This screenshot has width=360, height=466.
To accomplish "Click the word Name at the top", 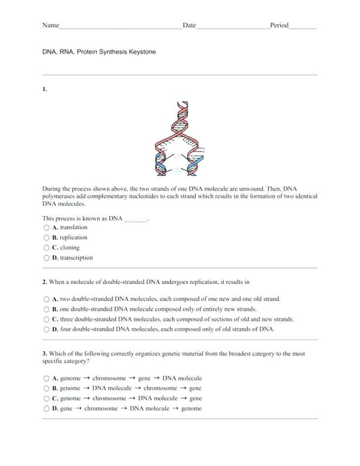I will tap(50, 25).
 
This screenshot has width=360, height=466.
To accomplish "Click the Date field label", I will tap(189, 25).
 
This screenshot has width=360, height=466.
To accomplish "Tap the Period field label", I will tap(279, 25).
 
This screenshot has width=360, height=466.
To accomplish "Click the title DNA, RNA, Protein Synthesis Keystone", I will tap(99, 51).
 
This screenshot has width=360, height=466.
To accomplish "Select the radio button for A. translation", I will tap(46, 228).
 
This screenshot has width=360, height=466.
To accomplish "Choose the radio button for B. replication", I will tap(46, 238).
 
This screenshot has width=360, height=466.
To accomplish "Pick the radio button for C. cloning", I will tap(46, 248).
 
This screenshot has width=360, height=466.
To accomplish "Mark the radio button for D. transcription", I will tap(46, 258).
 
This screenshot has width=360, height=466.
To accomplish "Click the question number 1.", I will tap(45, 89).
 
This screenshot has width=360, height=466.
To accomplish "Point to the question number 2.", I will tap(45, 282).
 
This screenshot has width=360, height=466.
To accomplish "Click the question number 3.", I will tap(45, 354).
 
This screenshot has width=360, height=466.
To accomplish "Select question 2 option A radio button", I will tap(46, 299).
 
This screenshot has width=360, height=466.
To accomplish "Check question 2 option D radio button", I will tap(46, 329).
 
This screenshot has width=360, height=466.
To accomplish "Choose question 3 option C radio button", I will tap(46, 399).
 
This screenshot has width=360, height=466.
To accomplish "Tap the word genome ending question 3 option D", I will tap(191, 409).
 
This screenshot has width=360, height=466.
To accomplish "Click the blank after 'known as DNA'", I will tap(136, 218).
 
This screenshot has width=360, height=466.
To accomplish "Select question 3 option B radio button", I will tap(46, 389).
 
